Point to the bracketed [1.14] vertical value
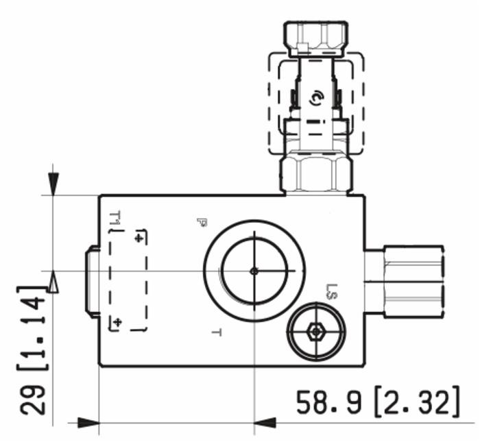coord(34,328)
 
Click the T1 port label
coord(115,220)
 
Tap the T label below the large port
coord(217,333)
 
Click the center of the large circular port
coord(254,271)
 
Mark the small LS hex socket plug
coord(315,332)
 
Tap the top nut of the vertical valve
coord(316,38)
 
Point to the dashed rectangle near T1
coord(129,280)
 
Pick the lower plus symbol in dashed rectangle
coord(117,321)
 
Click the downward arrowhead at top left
coord(53,182)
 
